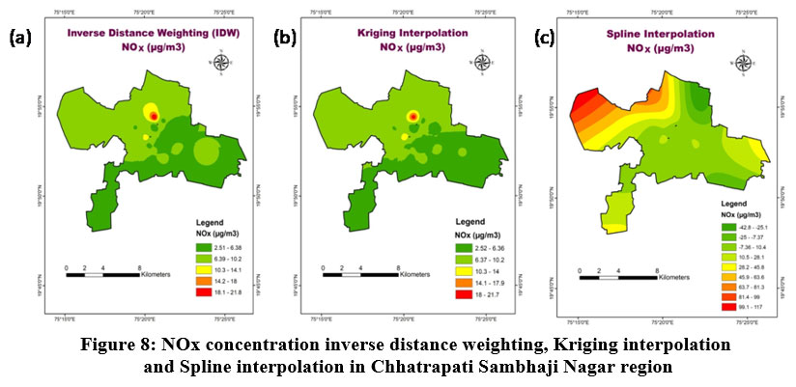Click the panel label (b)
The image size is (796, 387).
pyautogui.click(x=286, y=39)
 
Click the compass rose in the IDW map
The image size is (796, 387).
pyautogui.click(x=222, y=64)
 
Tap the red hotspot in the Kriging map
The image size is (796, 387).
pyautogui.click(x=413, y=116)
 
